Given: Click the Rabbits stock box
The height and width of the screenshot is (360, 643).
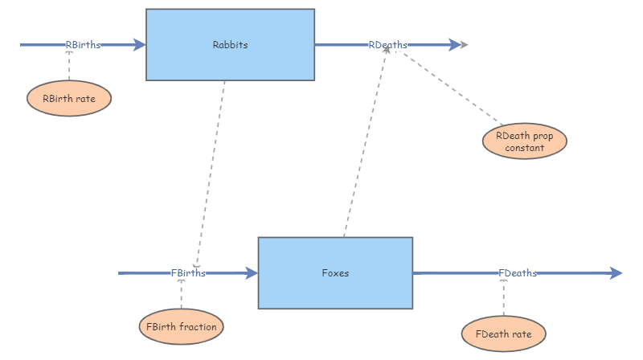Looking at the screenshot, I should point(230,45).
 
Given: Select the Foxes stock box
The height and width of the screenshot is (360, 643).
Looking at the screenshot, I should point(334,273).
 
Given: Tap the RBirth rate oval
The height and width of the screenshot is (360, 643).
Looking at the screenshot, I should point(68,99).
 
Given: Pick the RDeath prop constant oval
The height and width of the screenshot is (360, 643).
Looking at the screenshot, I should point(525,141).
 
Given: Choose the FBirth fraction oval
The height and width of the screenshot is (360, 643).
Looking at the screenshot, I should point(181,327).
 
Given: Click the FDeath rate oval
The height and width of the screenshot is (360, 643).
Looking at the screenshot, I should point(504,333).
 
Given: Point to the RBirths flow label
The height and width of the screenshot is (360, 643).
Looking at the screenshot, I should point(84,45).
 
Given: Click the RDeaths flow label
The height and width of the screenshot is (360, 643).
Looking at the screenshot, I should point(387,45).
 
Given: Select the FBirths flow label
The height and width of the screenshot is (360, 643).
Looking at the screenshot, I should point(188,273).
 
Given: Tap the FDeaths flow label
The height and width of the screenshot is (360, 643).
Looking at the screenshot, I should point(518,273).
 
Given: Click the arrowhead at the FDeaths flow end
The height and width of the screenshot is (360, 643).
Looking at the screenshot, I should point(616,273).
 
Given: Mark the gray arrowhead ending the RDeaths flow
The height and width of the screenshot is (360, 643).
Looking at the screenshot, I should point(462,45).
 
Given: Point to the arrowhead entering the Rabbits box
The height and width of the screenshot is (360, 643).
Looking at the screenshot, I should point(140,45).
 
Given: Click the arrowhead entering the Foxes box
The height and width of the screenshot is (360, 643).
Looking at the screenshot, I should point(252,273).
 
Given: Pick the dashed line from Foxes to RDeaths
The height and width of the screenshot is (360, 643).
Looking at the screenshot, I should point(366,145).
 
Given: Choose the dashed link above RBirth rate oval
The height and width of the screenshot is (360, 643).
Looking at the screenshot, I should point(68,66).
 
